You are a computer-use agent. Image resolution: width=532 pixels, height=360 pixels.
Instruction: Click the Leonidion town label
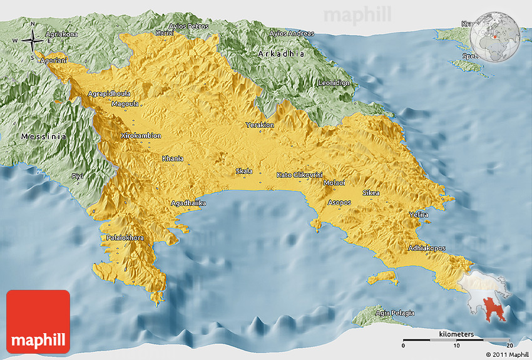(x=334, y=83)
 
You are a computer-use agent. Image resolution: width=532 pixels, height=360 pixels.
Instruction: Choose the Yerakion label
(x=260, y=125)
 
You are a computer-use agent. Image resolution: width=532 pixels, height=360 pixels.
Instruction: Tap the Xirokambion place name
(x=141, y=135)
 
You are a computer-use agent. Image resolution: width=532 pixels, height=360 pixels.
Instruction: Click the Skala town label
(x=244, y=171)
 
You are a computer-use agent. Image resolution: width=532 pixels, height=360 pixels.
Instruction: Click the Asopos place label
(x=340, y=202)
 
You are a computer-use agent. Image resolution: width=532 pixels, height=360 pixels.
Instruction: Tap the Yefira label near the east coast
(x=418, y=215)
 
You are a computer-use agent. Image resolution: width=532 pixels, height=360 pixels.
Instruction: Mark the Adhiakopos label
(x=427, y=248)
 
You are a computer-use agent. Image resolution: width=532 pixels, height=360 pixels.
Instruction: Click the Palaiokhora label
(x=125, y=238)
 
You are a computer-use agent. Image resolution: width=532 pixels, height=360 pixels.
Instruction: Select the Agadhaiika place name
(x=189, y=203)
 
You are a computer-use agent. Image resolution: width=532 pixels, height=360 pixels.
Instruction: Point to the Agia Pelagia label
(x=394, y=312)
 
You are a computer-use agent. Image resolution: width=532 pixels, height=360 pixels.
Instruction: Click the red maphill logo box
(x=38, y=321)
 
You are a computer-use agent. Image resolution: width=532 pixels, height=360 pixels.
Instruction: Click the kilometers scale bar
(x=456, y=339)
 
